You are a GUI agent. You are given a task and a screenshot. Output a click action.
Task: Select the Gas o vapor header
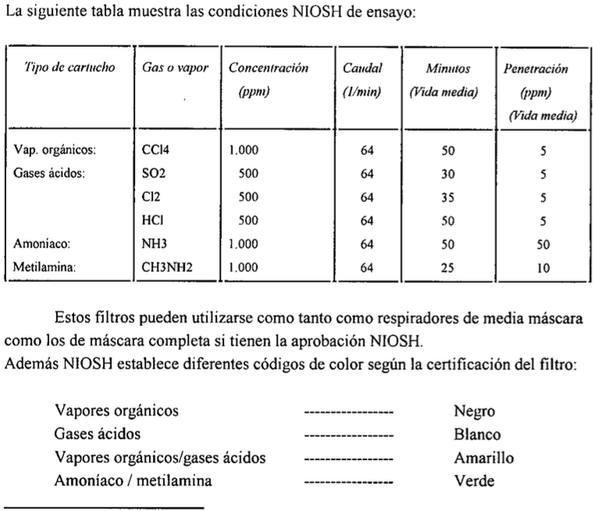pos(170,69)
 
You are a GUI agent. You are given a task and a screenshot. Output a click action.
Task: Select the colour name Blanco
pos(472,434)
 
